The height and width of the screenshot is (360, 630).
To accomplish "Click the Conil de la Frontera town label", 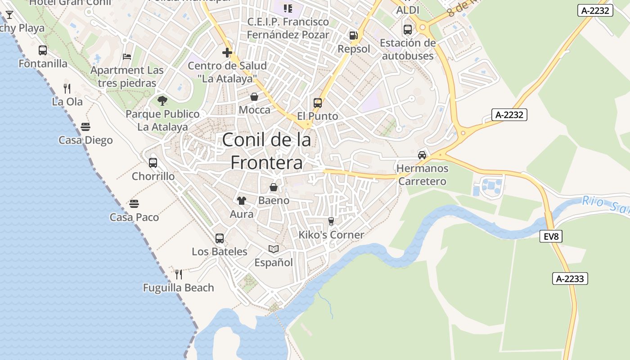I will [x=266, y=151].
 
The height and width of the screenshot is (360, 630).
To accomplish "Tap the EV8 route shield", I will [x=551, y=236].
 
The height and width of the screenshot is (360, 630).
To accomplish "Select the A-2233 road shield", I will [x=570, y=279].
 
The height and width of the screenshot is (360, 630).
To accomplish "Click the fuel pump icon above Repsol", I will [x=354, y=36].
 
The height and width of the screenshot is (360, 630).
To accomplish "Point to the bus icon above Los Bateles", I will [x=220, y=238].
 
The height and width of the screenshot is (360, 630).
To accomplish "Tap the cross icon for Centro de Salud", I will [x=227, y=53].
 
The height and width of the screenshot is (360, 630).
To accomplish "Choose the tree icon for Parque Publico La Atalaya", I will [x=162, y=101].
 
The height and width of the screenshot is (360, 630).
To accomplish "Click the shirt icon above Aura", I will [x=242, y=201].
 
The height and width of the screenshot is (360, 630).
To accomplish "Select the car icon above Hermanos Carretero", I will [x=422, y=155].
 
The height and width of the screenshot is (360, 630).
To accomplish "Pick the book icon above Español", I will [x=274, y=249].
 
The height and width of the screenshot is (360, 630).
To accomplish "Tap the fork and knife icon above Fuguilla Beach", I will [x=179, y=274].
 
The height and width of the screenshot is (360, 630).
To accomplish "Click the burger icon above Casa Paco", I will [x=134, y=204].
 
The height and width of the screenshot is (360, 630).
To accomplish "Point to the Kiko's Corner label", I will [x=331, y=235].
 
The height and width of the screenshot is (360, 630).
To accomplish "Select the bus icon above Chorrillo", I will [x=153, y=163].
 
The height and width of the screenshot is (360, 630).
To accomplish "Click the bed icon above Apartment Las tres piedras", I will [x=127, y=57].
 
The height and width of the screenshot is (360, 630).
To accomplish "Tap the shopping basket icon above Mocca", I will [x=254, y=97].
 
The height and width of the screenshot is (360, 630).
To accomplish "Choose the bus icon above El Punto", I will [x=318, y=103].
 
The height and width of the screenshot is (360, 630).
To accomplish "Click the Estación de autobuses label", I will [x=408, y=49].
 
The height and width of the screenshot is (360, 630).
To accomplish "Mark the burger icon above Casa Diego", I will [x=85, y=127].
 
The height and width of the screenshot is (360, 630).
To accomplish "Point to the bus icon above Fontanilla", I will [x=43, y=50].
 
